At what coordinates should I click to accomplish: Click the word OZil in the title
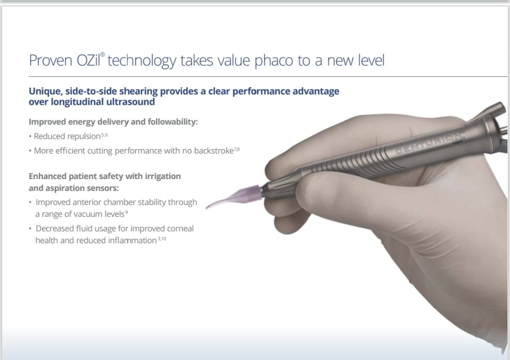point(88,60)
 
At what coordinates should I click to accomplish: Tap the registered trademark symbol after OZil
point(102,54)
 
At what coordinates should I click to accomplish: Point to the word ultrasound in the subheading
point(128,102)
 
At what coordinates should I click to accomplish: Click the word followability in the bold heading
point(173,122)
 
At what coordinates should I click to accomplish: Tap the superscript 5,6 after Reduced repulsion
point(104,135)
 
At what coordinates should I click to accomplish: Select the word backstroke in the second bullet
point(214,151)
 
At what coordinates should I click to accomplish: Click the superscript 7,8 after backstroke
point(237,149)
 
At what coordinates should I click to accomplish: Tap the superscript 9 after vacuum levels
point(127,212)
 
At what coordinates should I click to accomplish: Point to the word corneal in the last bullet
point(180,229)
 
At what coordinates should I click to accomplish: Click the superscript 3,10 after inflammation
point(162,239)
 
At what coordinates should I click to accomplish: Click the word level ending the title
point(371,60)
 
